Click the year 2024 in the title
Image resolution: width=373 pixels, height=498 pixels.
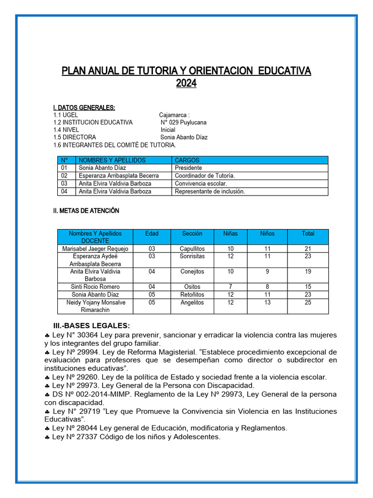(186, 84)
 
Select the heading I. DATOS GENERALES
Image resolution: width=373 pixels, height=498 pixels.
(84, 107)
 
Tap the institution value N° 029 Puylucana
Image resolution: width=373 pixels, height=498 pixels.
(184, 123)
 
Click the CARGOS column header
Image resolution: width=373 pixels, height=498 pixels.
(187, 160)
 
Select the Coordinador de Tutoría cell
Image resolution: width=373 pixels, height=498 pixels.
(204, 176)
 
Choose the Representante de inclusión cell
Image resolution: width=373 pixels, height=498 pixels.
(210, 191)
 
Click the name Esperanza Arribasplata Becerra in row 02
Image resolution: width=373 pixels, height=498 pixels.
(119, 176)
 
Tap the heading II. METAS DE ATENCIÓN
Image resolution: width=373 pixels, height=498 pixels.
(86, 211)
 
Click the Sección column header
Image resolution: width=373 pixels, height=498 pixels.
(192, 233)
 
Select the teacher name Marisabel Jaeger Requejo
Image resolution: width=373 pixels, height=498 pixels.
(95, 249)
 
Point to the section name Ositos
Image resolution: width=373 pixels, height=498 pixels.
(192, 287)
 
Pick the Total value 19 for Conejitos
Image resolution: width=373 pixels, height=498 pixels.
(308, 271)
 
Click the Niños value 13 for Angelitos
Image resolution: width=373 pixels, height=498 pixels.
(267, 302)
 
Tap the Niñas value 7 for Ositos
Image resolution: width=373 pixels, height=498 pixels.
(230, 287)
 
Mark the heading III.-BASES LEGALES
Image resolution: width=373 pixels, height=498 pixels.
(91, 325)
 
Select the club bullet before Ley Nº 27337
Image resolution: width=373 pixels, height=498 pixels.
(47, 437)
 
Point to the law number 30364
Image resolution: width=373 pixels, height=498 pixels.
(85, 335)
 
